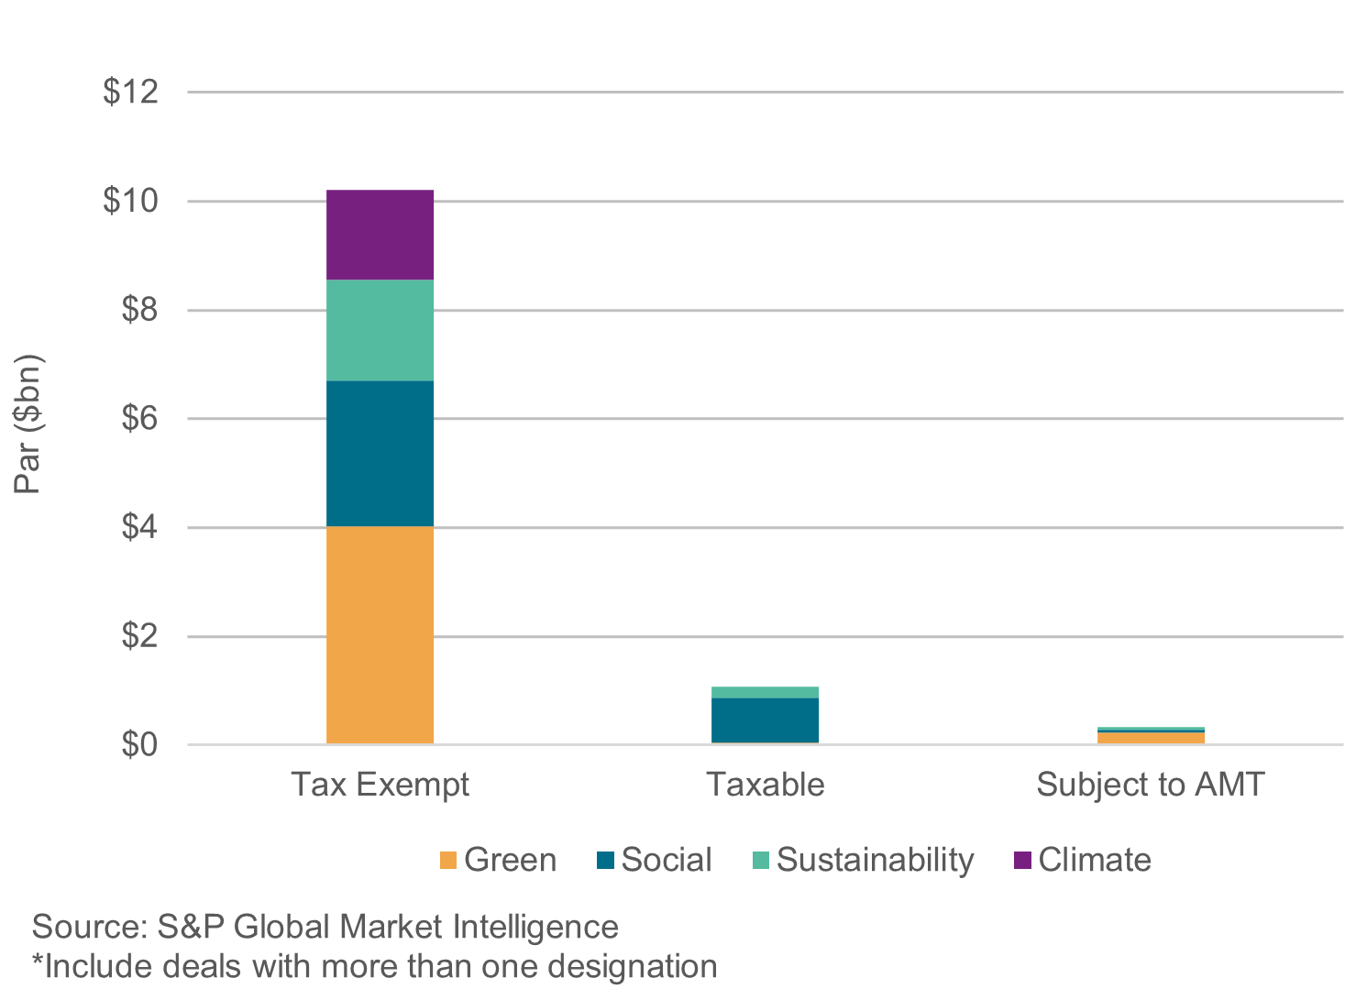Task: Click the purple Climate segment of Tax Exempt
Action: click(x=380, y=235)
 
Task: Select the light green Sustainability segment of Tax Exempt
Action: click(x=380, y=330)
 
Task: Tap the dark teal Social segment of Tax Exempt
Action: click(x=380, y=454)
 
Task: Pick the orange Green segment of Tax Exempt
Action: click(x=380, y=634)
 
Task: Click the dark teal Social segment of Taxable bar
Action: click(x=765, y=720)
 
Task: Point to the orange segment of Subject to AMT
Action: click(x=1151, y=738)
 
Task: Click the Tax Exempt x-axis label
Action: click(x=380, y=785)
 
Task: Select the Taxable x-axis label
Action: click(x=765, y=785)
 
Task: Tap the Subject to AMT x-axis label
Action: click(x=1151, y=785)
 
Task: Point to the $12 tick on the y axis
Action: click(x=130, y=92)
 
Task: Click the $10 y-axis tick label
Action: click(x=130, y=201)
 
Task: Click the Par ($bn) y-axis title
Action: click(x=28, y=423)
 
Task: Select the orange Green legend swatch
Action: click(x=448, y=861)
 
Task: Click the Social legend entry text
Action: click(x=666, y=860)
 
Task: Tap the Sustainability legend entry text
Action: click(x=875, y=860)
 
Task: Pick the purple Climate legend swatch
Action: click(x=1022, y=861)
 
